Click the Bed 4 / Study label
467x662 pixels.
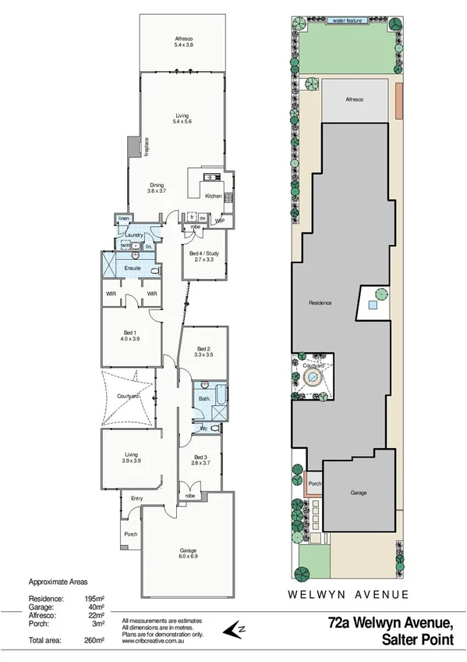pyautogui.click(x=204, y=255)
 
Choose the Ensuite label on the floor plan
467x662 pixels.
pyautogui.click(x=133, y=268)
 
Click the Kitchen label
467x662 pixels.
pyautogui.click(x=214, y=196)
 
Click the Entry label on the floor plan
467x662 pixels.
pyautogui.click(x=137, y=498)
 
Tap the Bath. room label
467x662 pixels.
pyautogui.click(x=204, y=399)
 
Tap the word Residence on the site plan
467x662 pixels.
pyautogui.click(x=320, y=302)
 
